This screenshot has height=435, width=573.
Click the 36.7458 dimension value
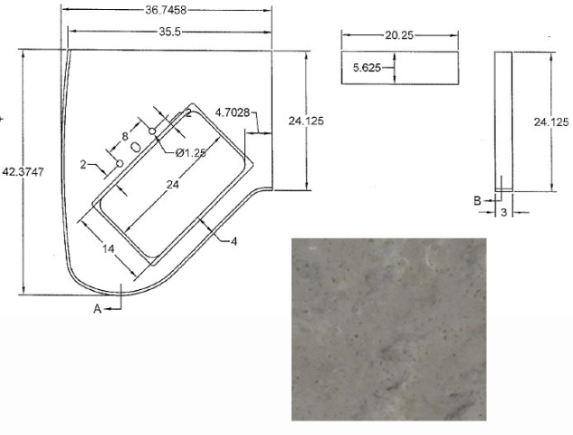[x=166, y=10]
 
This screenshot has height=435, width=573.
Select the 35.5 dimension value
[x=170, y=33]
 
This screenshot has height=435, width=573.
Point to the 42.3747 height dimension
[x=23, y=171]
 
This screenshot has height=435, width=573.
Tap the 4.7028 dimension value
[x=233, y=112]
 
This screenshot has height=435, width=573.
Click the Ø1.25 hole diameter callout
[x=191, y=153]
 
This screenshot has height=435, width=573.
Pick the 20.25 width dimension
[x=399, y=35]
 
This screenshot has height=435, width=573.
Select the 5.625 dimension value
[x=367, y=68]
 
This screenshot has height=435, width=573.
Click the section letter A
[x=97, y=309]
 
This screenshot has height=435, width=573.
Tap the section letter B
[x=477, y=201]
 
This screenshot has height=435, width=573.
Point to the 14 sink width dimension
[x=108, y=249]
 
